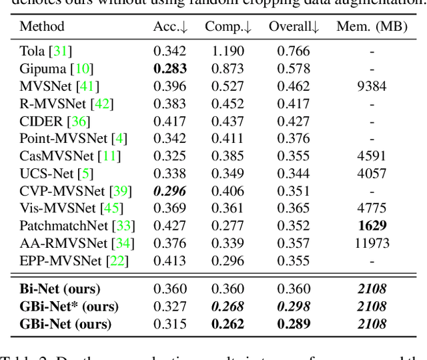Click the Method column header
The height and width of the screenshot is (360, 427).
42,27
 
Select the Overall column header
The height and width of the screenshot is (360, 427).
294,27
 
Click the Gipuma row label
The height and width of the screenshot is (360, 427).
56,69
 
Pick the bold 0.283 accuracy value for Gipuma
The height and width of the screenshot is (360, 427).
170,69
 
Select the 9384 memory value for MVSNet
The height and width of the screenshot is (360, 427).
372,86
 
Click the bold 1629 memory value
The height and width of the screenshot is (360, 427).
372,226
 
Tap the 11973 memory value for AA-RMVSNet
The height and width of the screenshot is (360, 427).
372,243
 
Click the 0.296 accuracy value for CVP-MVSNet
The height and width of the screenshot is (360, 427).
170,191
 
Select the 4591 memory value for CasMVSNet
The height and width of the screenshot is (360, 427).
372,156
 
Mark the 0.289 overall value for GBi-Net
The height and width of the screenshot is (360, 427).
294,325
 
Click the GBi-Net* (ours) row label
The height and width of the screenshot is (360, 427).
69,307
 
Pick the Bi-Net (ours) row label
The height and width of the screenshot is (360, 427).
60,290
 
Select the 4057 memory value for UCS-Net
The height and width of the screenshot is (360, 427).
372,174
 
